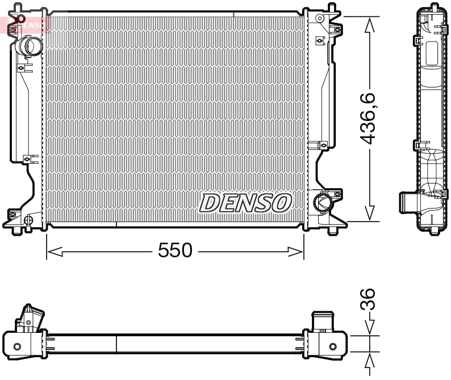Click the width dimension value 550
pos(174,250)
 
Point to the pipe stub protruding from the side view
pos(407,202)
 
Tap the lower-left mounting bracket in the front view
pos(17,217)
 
